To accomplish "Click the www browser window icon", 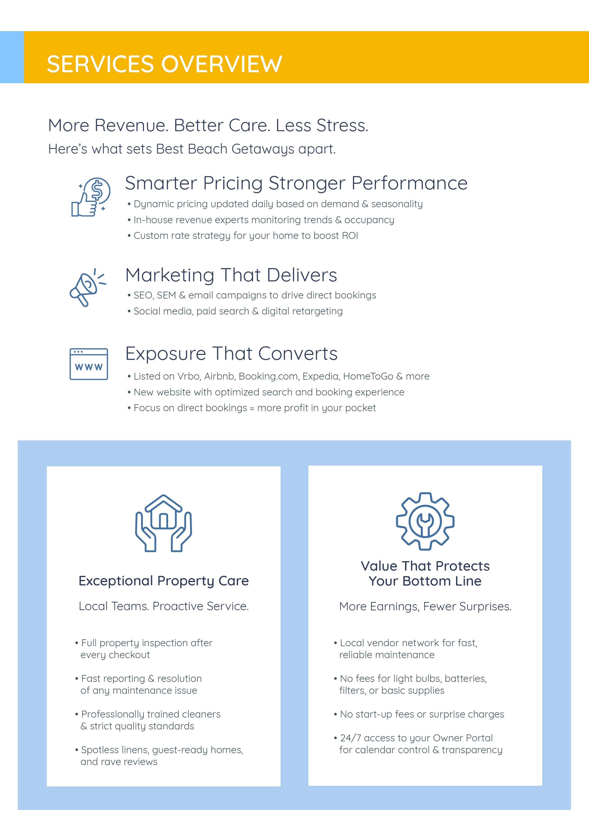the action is pyautogui.click(x=89, y=364).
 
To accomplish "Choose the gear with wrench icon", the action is pyautogui.click(x=425, y=521).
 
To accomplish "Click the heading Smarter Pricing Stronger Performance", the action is pyautogui.click(x=296, y=183).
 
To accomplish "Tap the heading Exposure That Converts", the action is pyautogui.click(x=231, y=353).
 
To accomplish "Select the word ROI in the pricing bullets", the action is pyautogui.click(x=350, y=236).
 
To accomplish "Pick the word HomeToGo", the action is pyautogui.click(x=368, y=376).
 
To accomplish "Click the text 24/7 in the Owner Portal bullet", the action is pyautogui.click(x=350, y=738).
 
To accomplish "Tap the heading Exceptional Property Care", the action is pyautogui.click(x=164, y=581).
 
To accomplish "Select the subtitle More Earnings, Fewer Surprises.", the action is pyautogui.click(x=425, y=606).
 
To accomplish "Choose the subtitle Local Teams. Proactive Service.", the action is pyautogui.click(x=164, y=606).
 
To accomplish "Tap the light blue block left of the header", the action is pyautogui.click(x=12, y=57).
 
